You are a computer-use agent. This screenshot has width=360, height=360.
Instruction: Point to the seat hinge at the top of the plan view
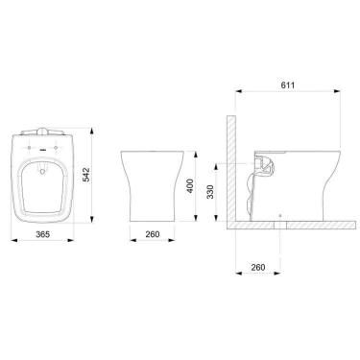tap(40, 128)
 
